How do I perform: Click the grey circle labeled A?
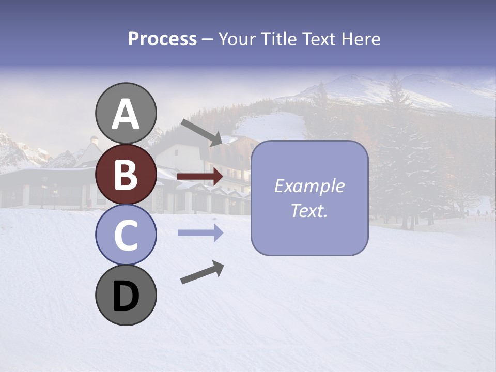126,113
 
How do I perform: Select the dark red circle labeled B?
126,174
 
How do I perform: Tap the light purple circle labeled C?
126,235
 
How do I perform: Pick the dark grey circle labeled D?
126,295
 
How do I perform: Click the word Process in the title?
162,39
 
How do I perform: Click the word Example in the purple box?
309,186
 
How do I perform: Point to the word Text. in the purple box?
309,210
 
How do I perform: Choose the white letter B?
126,175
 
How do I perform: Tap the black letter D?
126,296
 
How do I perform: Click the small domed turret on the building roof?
94,140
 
